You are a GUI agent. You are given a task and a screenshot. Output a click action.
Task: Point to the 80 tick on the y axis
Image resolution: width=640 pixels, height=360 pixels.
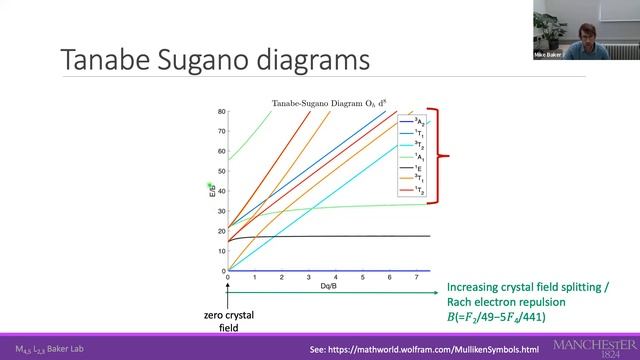pyautogui.click(x=220, y=111)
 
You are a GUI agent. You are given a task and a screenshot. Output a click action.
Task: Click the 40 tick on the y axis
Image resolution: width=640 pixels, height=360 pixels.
pyautogui.click(x=220, y=191)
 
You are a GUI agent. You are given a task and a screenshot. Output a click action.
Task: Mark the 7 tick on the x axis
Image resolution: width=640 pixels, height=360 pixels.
pyautogui.click(x=416, y=277)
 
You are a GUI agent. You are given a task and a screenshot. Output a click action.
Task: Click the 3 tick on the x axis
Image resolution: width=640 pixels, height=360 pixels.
pyautogui.click(x=308, y=277)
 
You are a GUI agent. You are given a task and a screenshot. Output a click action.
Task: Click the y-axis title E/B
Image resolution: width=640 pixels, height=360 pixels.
pyautogui.click(x=211, y=189)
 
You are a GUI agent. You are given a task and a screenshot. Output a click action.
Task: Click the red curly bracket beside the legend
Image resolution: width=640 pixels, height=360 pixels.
pyautogui.click(x=441, y=155)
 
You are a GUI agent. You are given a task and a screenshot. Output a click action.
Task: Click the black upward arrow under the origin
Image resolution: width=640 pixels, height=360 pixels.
pyautogui.click(x=228, y=295)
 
